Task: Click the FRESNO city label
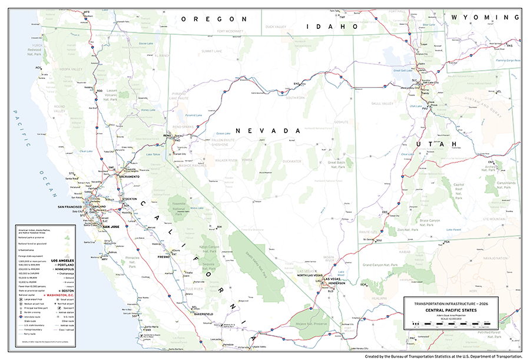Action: [x=164, y=257]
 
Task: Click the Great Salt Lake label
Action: [x=403, y=71]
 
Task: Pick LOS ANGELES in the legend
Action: [x=63, y=260]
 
